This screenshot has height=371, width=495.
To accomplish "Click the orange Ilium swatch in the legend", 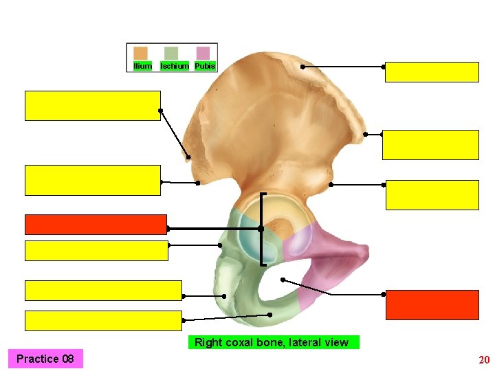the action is point(140,54).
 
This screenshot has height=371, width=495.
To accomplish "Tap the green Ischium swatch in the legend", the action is point(171,54).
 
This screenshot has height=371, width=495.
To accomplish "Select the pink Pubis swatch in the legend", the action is point(202,54).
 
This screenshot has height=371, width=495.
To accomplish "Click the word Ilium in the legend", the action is point(142,66).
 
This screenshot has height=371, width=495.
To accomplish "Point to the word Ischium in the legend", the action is point(175,66).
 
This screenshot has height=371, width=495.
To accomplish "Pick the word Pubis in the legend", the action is point(205,66).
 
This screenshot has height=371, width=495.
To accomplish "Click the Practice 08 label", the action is point(45,359).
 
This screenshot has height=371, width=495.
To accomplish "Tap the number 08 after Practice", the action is point(67,359).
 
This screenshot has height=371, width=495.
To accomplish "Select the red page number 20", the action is point(484,360).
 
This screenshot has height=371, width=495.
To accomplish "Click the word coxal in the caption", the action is point(243,342).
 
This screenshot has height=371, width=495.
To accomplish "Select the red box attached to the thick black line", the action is point(96,225).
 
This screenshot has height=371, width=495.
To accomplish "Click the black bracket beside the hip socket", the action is point(263,229).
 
